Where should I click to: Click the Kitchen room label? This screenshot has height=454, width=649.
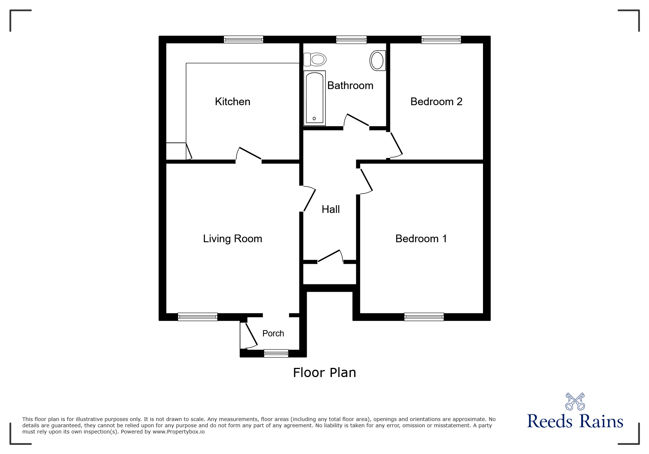232,101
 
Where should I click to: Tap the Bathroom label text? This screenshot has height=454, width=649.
350,85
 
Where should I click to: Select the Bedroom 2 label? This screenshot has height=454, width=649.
436,101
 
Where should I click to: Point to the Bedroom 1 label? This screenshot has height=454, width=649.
421,239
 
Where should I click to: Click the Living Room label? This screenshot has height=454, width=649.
232,239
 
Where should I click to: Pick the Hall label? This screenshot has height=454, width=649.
331,209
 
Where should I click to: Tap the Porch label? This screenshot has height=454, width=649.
273,333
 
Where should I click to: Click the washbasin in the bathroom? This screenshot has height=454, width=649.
377,60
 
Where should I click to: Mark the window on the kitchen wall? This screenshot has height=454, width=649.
243,39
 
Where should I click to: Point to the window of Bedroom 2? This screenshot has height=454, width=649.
441,39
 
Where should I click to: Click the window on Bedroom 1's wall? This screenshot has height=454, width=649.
424,317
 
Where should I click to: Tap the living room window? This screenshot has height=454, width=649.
198,317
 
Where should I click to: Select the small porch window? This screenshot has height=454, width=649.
276,354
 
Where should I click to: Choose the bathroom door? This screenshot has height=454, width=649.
356,121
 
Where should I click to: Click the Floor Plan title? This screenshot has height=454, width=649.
324,373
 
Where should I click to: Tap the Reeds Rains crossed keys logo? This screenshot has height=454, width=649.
575,402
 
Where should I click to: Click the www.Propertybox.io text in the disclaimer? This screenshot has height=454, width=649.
178,432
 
